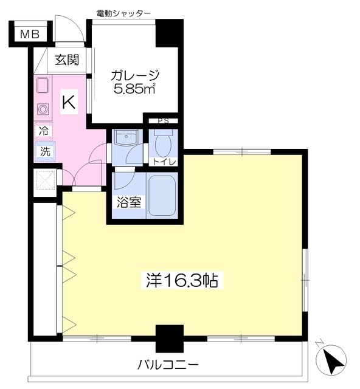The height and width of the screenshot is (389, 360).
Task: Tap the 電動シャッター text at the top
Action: [123, 13]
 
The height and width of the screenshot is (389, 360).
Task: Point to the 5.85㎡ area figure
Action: [136, 90]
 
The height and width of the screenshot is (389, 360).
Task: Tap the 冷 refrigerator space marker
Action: [44, 130]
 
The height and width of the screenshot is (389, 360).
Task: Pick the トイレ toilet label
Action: [164, 162]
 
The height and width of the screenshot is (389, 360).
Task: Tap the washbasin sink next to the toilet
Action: [126, 138]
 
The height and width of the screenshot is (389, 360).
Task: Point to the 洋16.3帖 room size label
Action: [182, 281]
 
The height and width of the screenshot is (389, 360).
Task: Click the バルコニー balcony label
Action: [167, 366]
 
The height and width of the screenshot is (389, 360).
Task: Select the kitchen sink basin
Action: [43, 86]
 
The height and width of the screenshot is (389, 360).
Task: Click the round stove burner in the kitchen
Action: [43, 109]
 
